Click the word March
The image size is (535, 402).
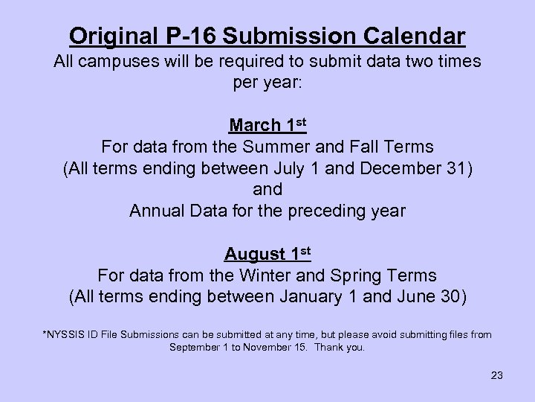click(253, 124)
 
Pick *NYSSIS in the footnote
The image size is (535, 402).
click(65, 335)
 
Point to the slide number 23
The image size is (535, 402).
click(496, 375)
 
